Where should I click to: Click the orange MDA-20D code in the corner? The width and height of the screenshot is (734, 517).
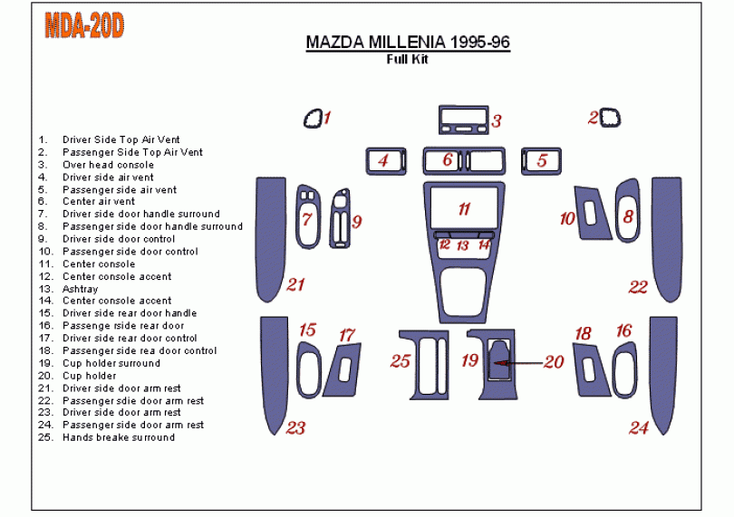click(84, 26)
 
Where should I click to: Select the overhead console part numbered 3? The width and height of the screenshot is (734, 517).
click(460, 120)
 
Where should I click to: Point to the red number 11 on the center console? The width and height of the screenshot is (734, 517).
click(464, 209)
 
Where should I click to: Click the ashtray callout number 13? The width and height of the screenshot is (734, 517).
click(462, 245)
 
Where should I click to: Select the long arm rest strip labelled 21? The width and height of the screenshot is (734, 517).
click(269, 240)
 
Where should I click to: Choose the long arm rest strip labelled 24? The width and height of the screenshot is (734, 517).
click(663, 373)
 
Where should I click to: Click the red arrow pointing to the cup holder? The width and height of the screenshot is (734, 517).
click(518, 363)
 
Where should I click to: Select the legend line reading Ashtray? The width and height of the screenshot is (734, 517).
click(80, 289)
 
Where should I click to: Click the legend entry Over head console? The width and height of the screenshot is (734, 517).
click(108, 165)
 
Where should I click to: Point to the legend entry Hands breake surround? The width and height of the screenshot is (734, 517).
click(118, 437)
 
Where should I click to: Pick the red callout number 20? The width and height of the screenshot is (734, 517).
click(553, 362)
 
